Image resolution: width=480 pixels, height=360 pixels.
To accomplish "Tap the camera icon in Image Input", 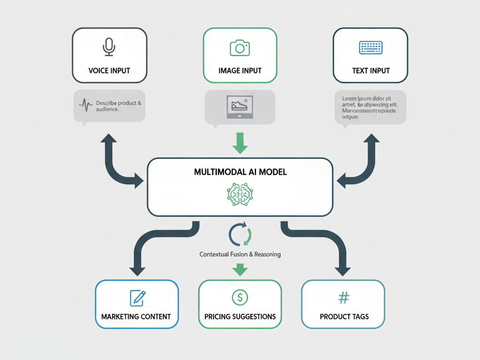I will coord(240,47).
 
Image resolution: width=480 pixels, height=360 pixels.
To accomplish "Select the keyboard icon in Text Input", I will coord(371,47).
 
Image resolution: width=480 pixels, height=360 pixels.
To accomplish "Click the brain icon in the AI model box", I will coord(240,194).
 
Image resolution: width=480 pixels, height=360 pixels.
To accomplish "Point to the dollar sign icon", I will coord(240,297).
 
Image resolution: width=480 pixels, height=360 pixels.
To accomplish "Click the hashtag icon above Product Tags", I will coord(344,297).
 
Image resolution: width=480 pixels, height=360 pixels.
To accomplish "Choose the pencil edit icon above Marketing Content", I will coord(137,298).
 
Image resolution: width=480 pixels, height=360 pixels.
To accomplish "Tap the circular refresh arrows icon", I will coord(240,235).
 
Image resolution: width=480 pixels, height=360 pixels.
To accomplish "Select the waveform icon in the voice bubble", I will coord(86,105).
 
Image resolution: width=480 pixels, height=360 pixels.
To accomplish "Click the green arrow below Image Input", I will coord(240,142).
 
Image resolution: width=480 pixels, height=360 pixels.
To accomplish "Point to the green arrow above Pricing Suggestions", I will coord(240,269).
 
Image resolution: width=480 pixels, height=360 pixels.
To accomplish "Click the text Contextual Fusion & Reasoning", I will coord(240,255).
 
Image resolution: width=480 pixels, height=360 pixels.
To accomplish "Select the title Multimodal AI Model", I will coord(240,172).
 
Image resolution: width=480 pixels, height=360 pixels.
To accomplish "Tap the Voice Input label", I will coord(109,71).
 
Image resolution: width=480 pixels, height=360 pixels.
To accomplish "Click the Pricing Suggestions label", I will coord(240,316).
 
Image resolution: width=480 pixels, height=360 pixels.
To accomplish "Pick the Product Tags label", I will coord(344,316).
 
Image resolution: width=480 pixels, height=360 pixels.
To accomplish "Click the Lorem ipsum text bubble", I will coord(370,107).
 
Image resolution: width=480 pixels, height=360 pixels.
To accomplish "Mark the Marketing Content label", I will coord(136,316).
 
